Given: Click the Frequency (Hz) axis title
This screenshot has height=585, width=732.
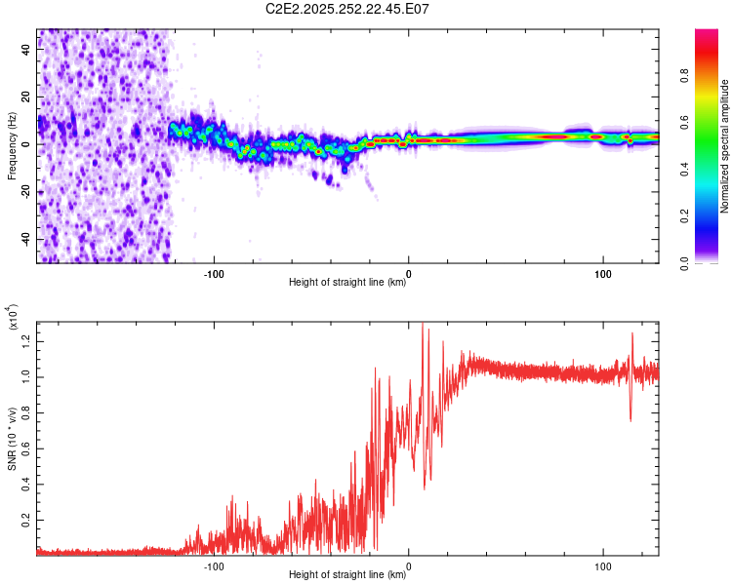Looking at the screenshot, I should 13,145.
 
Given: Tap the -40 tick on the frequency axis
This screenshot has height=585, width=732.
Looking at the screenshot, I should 24,239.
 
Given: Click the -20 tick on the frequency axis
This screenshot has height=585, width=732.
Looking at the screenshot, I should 24,192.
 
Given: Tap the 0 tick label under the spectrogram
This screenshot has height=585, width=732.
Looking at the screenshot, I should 409,272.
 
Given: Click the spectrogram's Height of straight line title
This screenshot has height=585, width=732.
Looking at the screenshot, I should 347,283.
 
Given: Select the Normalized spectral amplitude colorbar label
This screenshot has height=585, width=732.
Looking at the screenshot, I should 725,146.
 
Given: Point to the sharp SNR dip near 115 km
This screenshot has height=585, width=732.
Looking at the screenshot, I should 630,419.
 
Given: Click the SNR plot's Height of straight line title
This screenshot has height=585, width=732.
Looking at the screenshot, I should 347,575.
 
